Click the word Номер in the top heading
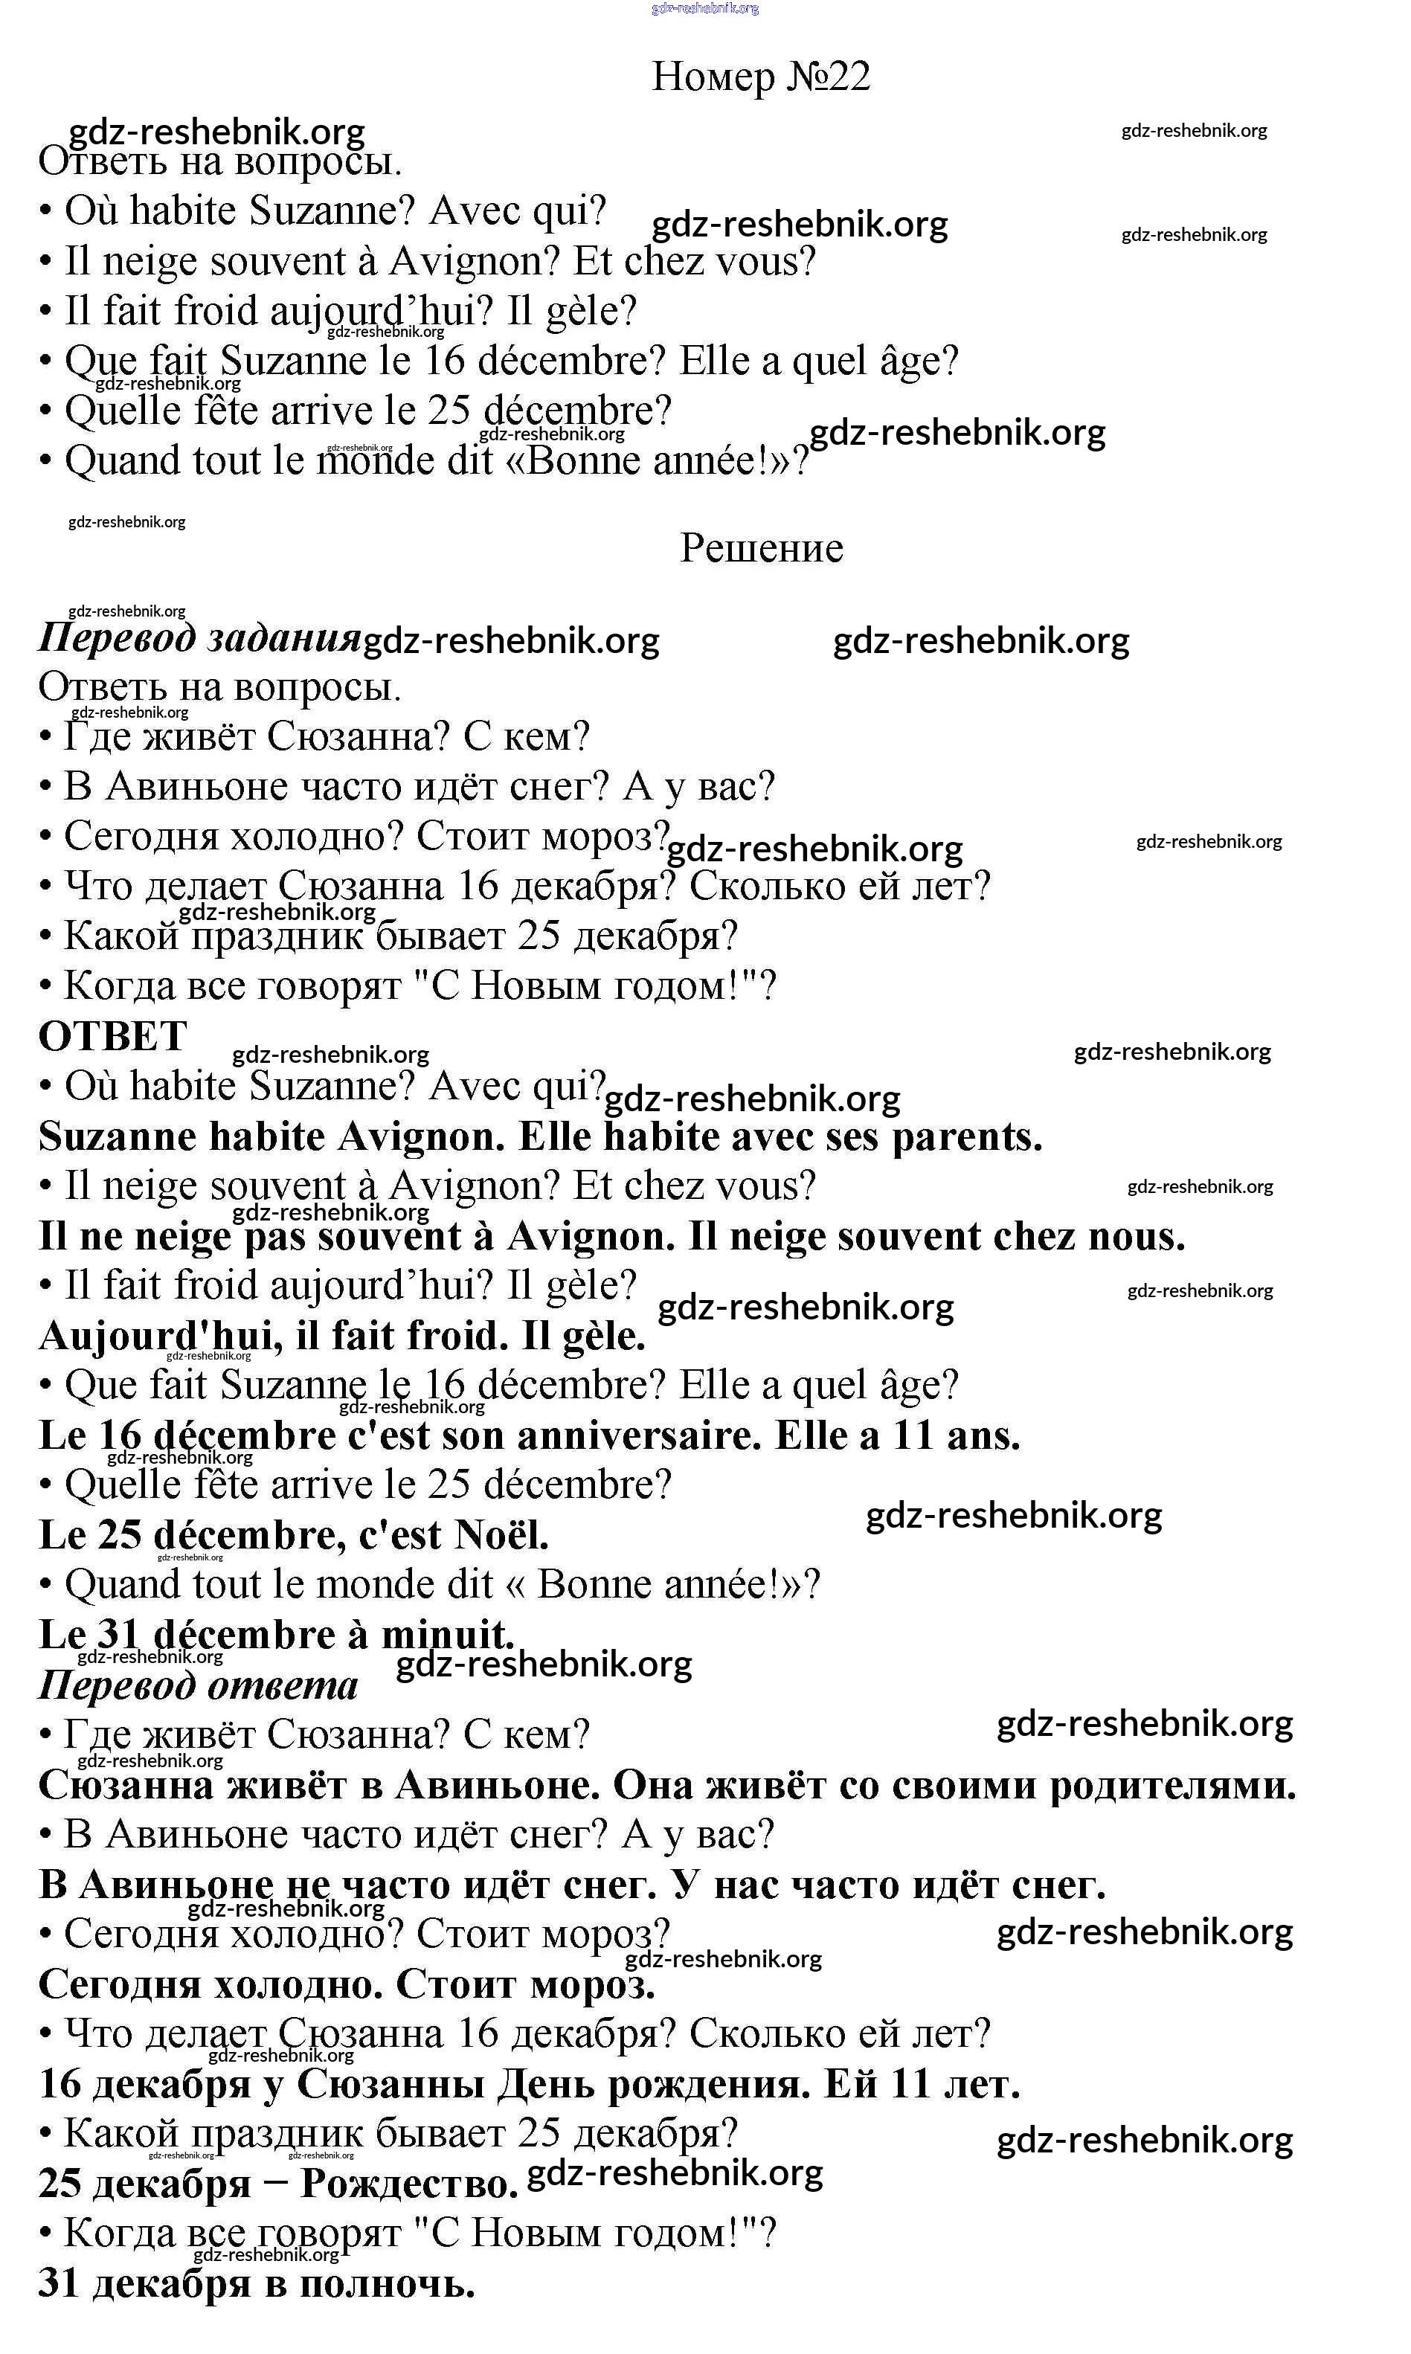click(713, 76)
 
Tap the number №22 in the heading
click(828, 76)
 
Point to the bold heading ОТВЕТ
click(112, 1035)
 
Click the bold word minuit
click(448, 1636)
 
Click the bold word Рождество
click(410, 2184)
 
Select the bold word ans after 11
click(983, 1435)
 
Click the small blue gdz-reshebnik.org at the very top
click(705, 9)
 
